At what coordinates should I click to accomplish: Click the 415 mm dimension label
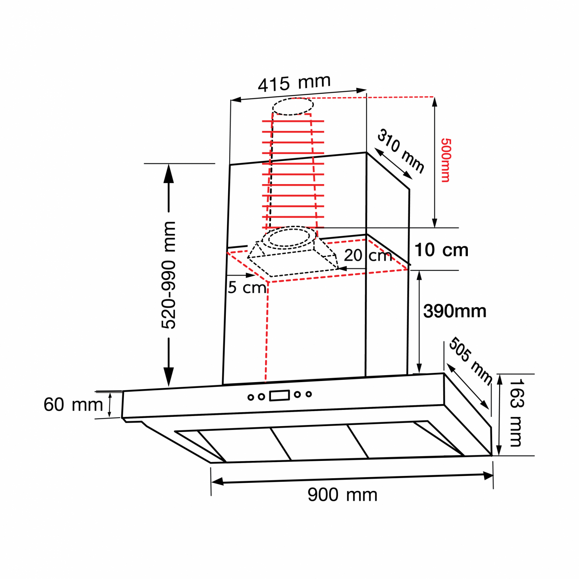click(x=294, y=83)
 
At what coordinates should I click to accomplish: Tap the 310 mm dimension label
click(x=401, y=151)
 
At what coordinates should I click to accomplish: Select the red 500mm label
click(x=445, y=160)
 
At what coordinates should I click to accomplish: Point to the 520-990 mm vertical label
click(x=169, y=275)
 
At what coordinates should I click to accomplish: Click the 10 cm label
click(x=441, y=250)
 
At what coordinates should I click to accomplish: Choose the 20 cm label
click(x=368, y=256)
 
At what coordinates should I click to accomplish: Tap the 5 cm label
click(x=247, y=288)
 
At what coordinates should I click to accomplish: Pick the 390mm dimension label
click(x=455, y=311)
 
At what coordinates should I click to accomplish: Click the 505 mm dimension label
click(x=471, y=361)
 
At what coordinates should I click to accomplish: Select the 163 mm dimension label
click(x=516, y=413)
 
